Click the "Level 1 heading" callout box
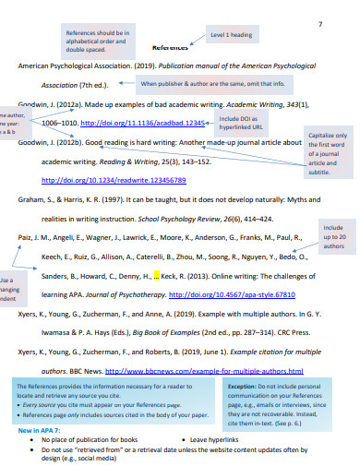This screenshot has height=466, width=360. (x=231, y=35)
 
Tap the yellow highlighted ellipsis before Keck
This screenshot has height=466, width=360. (x=158, y=275)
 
